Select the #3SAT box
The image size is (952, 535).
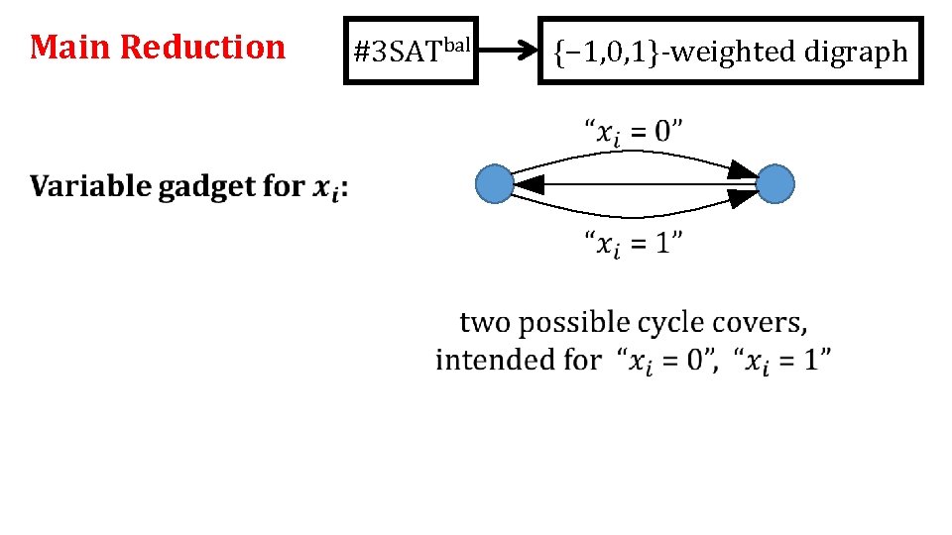coord(411,51)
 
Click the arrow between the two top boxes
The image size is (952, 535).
coord(508,51)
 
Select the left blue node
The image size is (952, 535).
coord(495,185)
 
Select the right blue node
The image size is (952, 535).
coord(774,185)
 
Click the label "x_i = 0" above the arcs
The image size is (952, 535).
coord(633,130)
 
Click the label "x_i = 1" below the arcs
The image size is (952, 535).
coord(633,243)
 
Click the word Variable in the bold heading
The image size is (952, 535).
coord(90,186)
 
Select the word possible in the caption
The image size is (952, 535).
coord(574,324)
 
